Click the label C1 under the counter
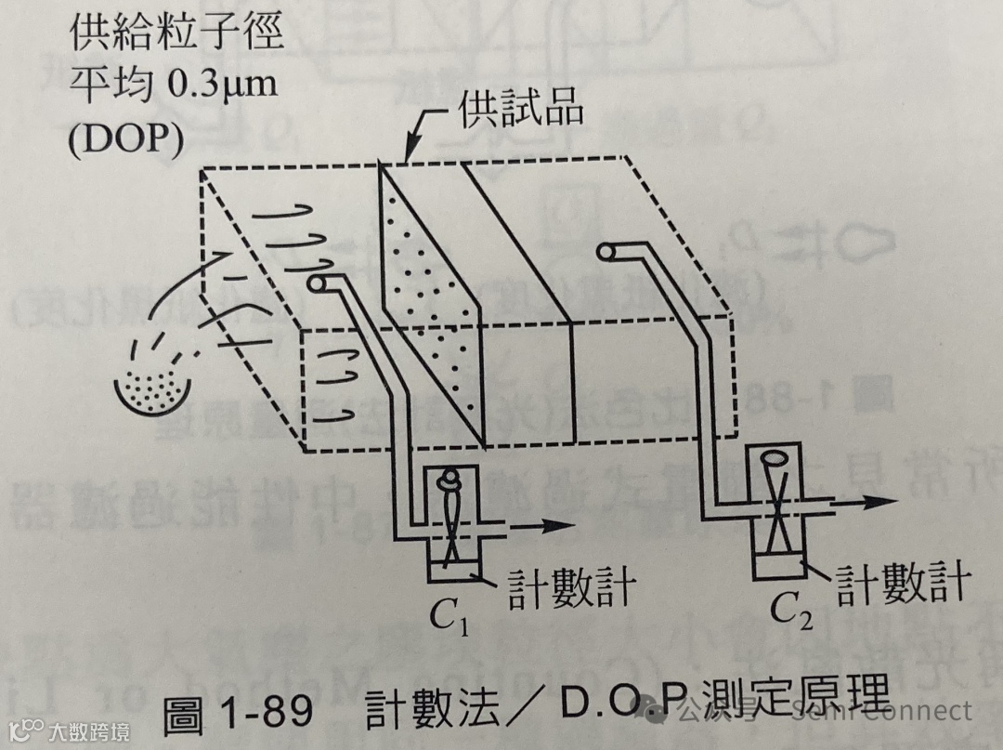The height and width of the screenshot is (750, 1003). point(449,614)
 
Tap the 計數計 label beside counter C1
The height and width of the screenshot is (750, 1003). point(568,587)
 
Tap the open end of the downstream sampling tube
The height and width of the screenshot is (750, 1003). point(609,252)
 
